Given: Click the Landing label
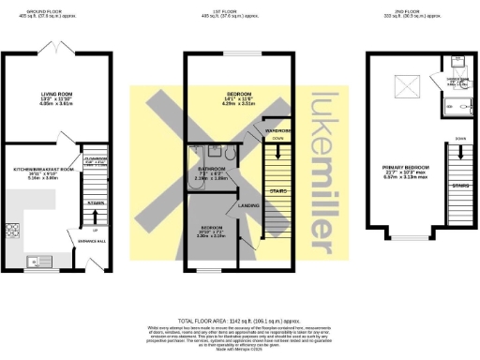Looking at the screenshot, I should pos(248,205).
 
